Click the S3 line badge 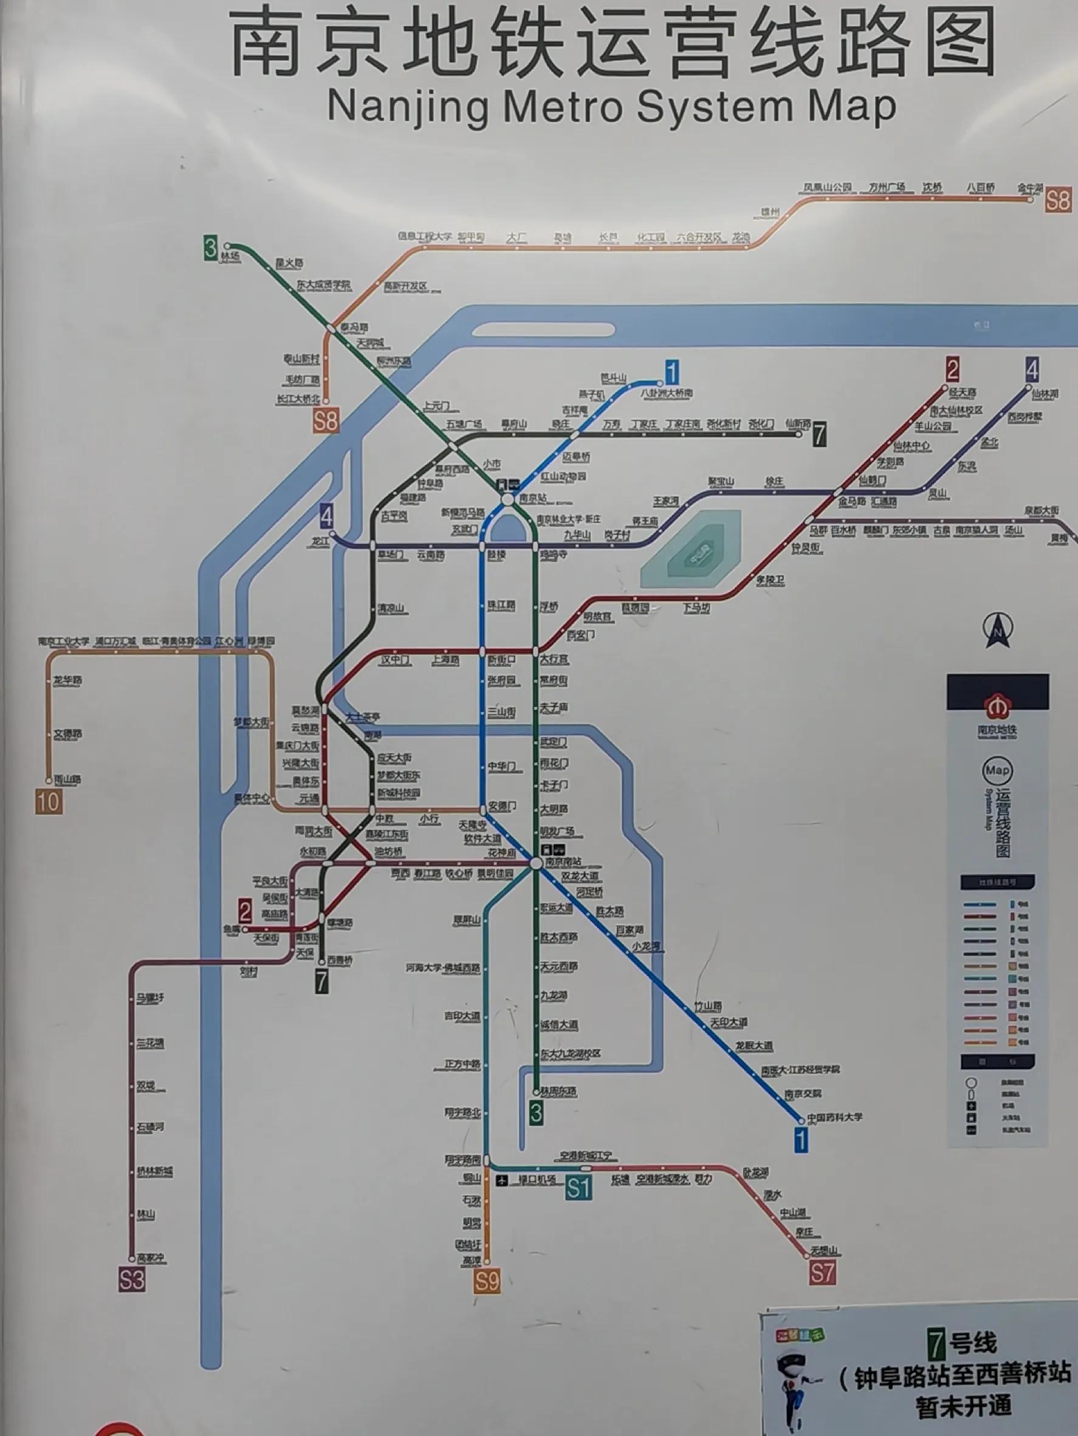(x=132, y=1279)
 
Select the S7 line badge (x=822, y=1273)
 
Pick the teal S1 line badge (x=578, y=1188)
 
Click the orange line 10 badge (x=49, y=802)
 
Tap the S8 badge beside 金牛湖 (x=1058, y=199)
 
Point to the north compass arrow (x=998, y=631)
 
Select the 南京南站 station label (x=563, y=861)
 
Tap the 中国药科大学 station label (x=834, y=1117)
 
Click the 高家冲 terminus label (x=151, y=1258)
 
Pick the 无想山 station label (x=825, y=1250)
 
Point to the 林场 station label (x=230, y=256)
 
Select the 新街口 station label (x=501, y=659)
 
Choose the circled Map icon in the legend (x=997, y=771)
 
